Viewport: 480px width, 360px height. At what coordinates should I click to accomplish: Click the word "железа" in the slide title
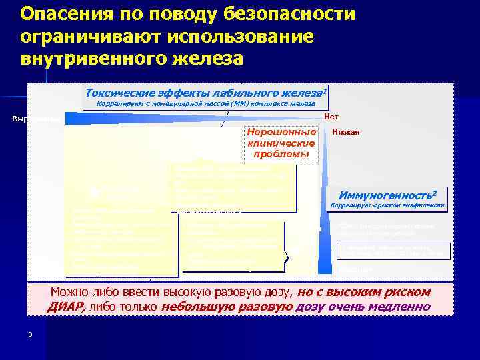(207, 59)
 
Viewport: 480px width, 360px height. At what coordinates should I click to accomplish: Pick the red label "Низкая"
(351, 132)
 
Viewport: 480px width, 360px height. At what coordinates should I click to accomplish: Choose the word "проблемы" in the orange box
(281, 154)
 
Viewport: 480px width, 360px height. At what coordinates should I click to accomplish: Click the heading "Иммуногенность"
(387, 195)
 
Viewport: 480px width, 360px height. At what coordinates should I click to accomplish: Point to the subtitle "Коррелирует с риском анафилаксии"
(387, 205)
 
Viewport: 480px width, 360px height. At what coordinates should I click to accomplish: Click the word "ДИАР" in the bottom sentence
(65, 307)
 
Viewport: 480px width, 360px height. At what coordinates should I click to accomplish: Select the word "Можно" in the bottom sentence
(71, 293)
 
